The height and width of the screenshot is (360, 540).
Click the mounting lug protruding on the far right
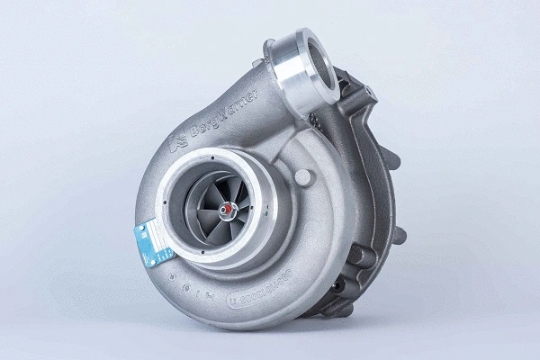[x=400, y=236]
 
